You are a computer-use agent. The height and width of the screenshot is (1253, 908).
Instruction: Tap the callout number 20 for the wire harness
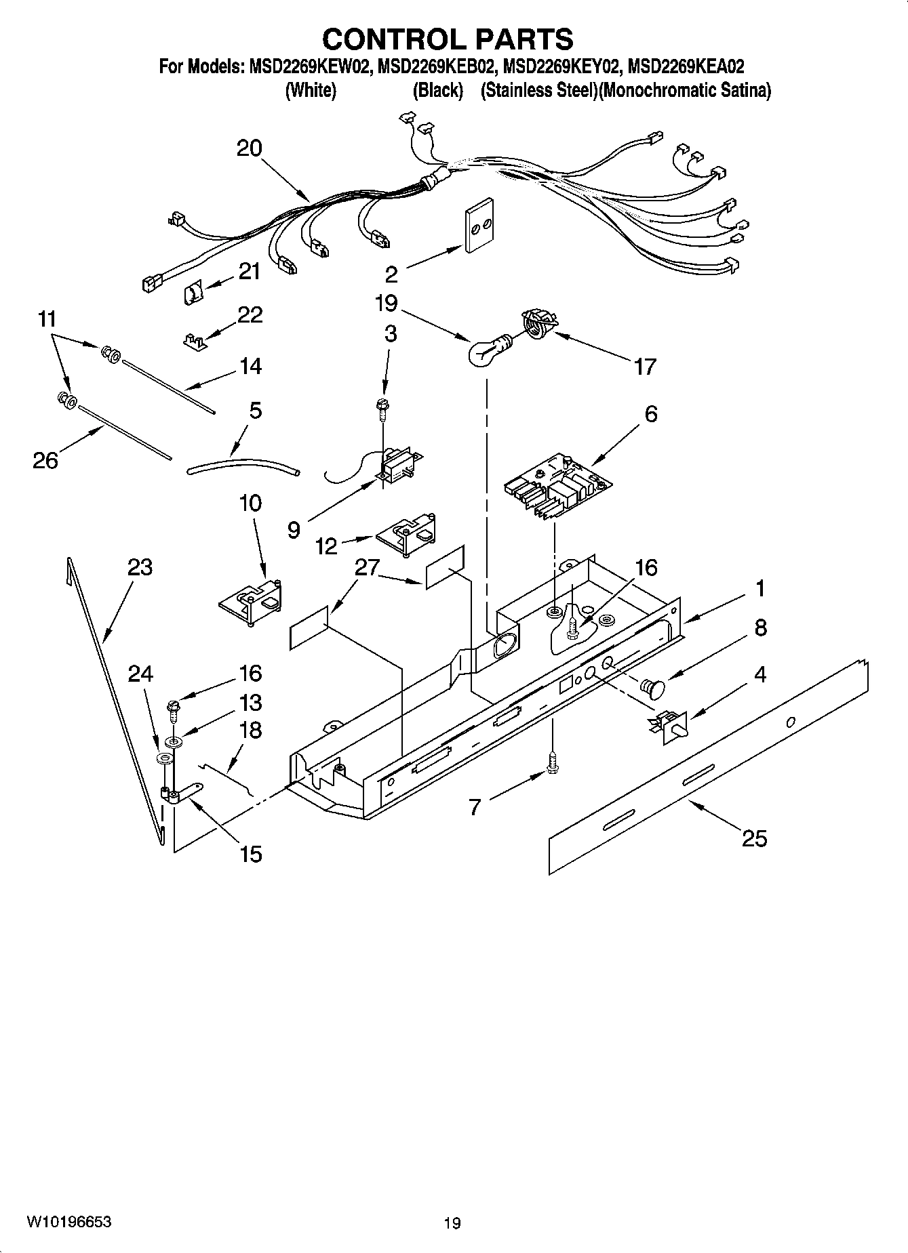pyautogui.click(x=249, y=148)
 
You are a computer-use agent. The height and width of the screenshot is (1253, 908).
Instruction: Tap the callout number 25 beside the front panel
pyautogui.click(x=753, y=838)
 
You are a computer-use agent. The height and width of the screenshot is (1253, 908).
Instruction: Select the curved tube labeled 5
pyautogui.click(x=242, y=464)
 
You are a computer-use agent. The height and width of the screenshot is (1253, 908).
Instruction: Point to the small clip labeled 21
pyautogui.click(x=193, y=293)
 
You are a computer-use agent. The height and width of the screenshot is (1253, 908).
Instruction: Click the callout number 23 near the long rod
pyautogui.click(x=140, y=567)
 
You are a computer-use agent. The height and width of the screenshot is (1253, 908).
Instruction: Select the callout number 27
pyautogui.click(x=367, y=567)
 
